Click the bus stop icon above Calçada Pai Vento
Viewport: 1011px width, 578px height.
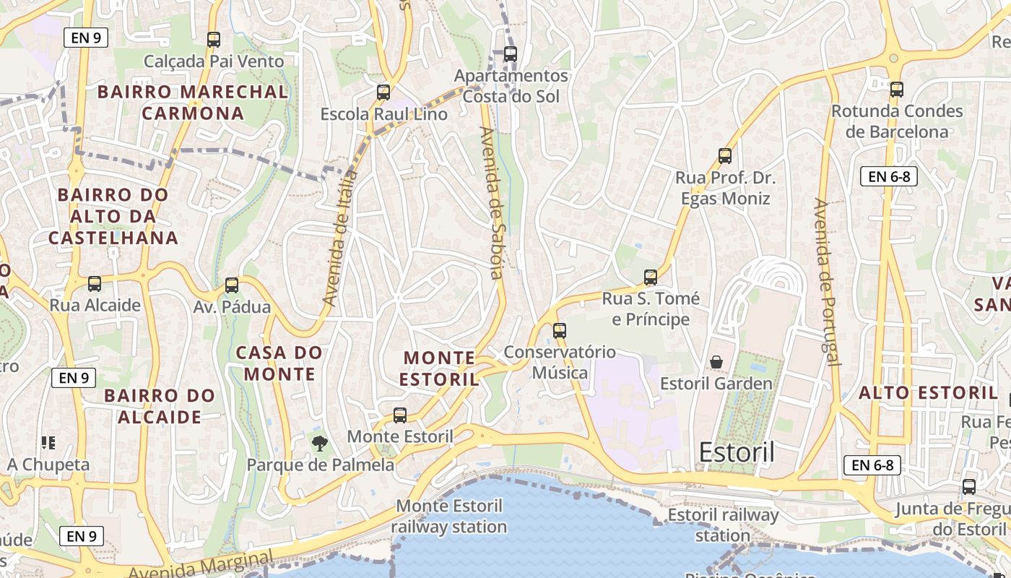(x=213, y=40)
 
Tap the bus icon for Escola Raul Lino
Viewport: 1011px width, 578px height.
(x=383, y=92)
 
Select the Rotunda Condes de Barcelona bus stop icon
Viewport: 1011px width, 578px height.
(x=896, y=90)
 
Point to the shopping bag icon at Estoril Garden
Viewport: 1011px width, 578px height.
(x=716, y=362)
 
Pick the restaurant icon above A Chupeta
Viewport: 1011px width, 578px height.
(x=48, y=443)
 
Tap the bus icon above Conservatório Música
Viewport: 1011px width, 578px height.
(x=560, y=331)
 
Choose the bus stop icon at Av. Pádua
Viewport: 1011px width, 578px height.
(x=232, y=285)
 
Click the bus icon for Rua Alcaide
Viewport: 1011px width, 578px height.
(x=95, y=284)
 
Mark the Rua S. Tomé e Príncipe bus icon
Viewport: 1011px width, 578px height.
(x=651, y=277)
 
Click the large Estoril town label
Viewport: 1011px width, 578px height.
(x=737, y=453)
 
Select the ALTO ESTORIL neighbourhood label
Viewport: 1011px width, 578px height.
(x=928, y=394)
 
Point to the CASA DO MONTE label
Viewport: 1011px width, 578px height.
(x=279, y=363)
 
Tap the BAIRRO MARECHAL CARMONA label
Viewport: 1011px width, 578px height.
(x=193, y=103)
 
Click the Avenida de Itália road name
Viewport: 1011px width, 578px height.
(x=340, y=238)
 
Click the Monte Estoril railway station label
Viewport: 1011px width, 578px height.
(x=449, y=517)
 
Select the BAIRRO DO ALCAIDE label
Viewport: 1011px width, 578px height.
(x=160, y=406)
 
